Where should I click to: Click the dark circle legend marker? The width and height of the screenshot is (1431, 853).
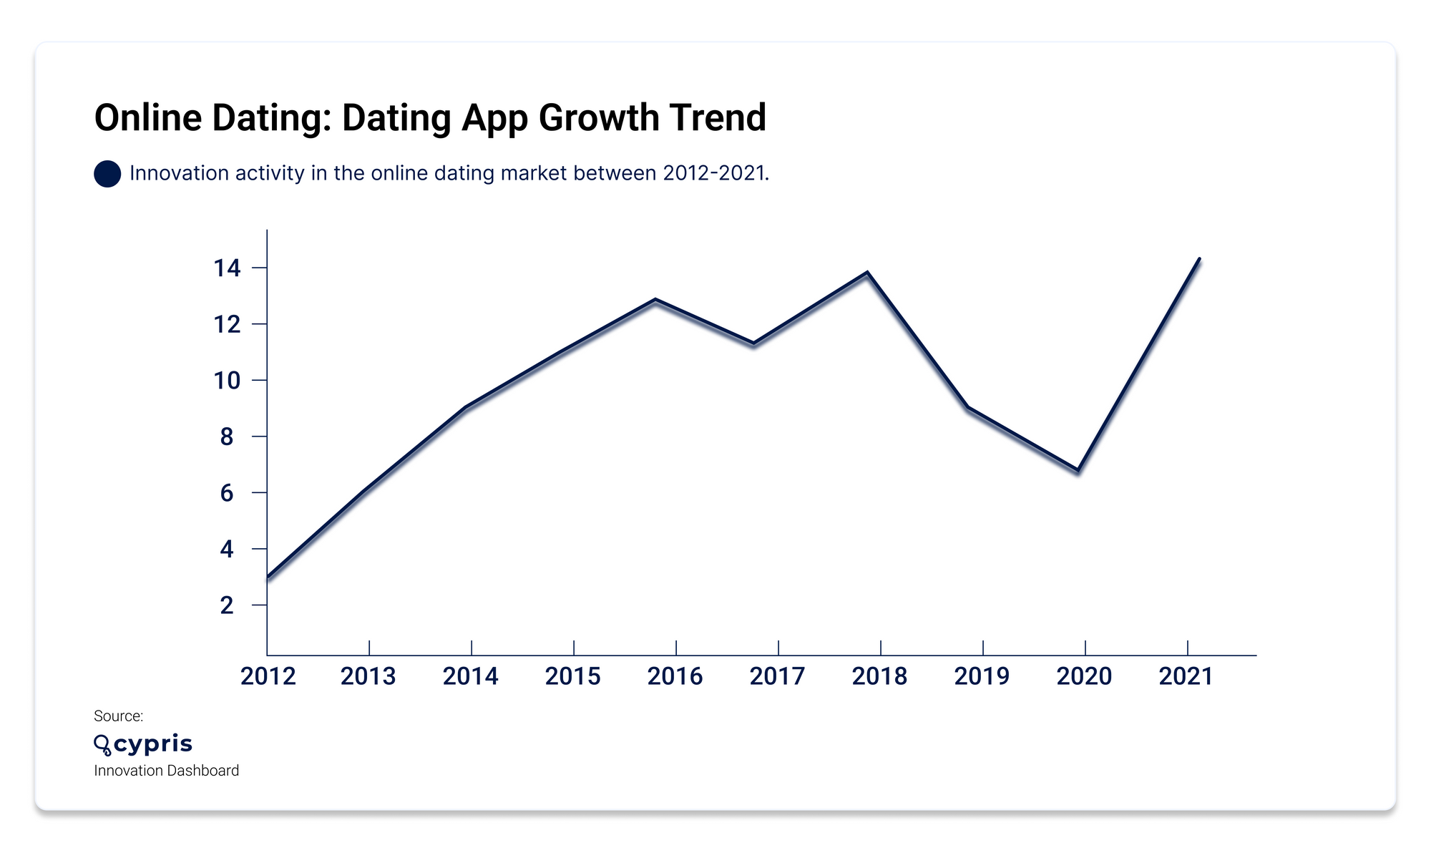[107, 174]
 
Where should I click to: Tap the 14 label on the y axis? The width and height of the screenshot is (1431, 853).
[227, 268]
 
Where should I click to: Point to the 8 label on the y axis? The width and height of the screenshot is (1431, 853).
[227, 437]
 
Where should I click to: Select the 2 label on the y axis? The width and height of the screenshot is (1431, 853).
[227, 605]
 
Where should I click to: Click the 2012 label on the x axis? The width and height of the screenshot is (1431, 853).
[268, 676]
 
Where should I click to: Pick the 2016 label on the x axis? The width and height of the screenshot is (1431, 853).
[675, 676]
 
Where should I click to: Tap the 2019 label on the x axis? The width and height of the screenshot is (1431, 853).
[982, 676]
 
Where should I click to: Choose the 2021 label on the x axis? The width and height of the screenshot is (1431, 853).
[1186, 676]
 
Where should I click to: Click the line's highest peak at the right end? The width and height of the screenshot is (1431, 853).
[1199, 259]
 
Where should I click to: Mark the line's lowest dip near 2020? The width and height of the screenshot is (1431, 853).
[1078, 470]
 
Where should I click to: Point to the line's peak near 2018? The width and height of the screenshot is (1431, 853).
[867, 273]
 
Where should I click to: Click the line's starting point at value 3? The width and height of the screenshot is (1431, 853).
[268, 577]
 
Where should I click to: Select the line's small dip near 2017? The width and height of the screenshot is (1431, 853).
[753, 343]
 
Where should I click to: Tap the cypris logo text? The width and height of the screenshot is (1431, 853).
[152, 744]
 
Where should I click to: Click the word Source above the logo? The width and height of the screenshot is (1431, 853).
[118, 716]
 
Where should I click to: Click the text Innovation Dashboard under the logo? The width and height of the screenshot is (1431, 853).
[166, 771]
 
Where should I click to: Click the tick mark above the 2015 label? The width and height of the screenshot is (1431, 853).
[574, 648]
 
